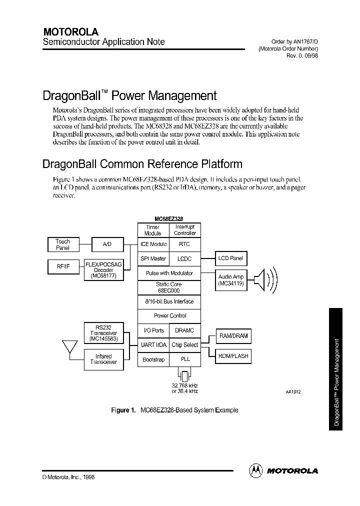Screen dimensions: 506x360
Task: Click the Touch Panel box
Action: pos(62,244)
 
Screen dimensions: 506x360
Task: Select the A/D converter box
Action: pos(107,244)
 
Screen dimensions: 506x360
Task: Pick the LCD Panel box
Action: pos(230,258)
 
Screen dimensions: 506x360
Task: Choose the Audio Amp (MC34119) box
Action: pos(230,280)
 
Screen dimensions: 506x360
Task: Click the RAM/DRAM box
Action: pos(233,336)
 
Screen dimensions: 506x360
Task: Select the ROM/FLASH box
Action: pos(233,356)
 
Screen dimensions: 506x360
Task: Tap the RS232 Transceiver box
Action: pos(103,333)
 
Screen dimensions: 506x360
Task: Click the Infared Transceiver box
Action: pos(103,359)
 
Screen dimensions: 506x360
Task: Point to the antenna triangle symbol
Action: pos(69,346)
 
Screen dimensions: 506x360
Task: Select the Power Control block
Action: pos(169,316)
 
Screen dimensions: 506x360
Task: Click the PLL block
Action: pos(184,359)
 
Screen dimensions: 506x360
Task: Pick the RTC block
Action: pos(184,244)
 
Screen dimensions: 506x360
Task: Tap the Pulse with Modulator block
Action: pos(169,273)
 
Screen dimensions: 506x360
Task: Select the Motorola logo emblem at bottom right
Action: pos(255,470)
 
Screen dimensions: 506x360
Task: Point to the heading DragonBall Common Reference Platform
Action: pos(142,164)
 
